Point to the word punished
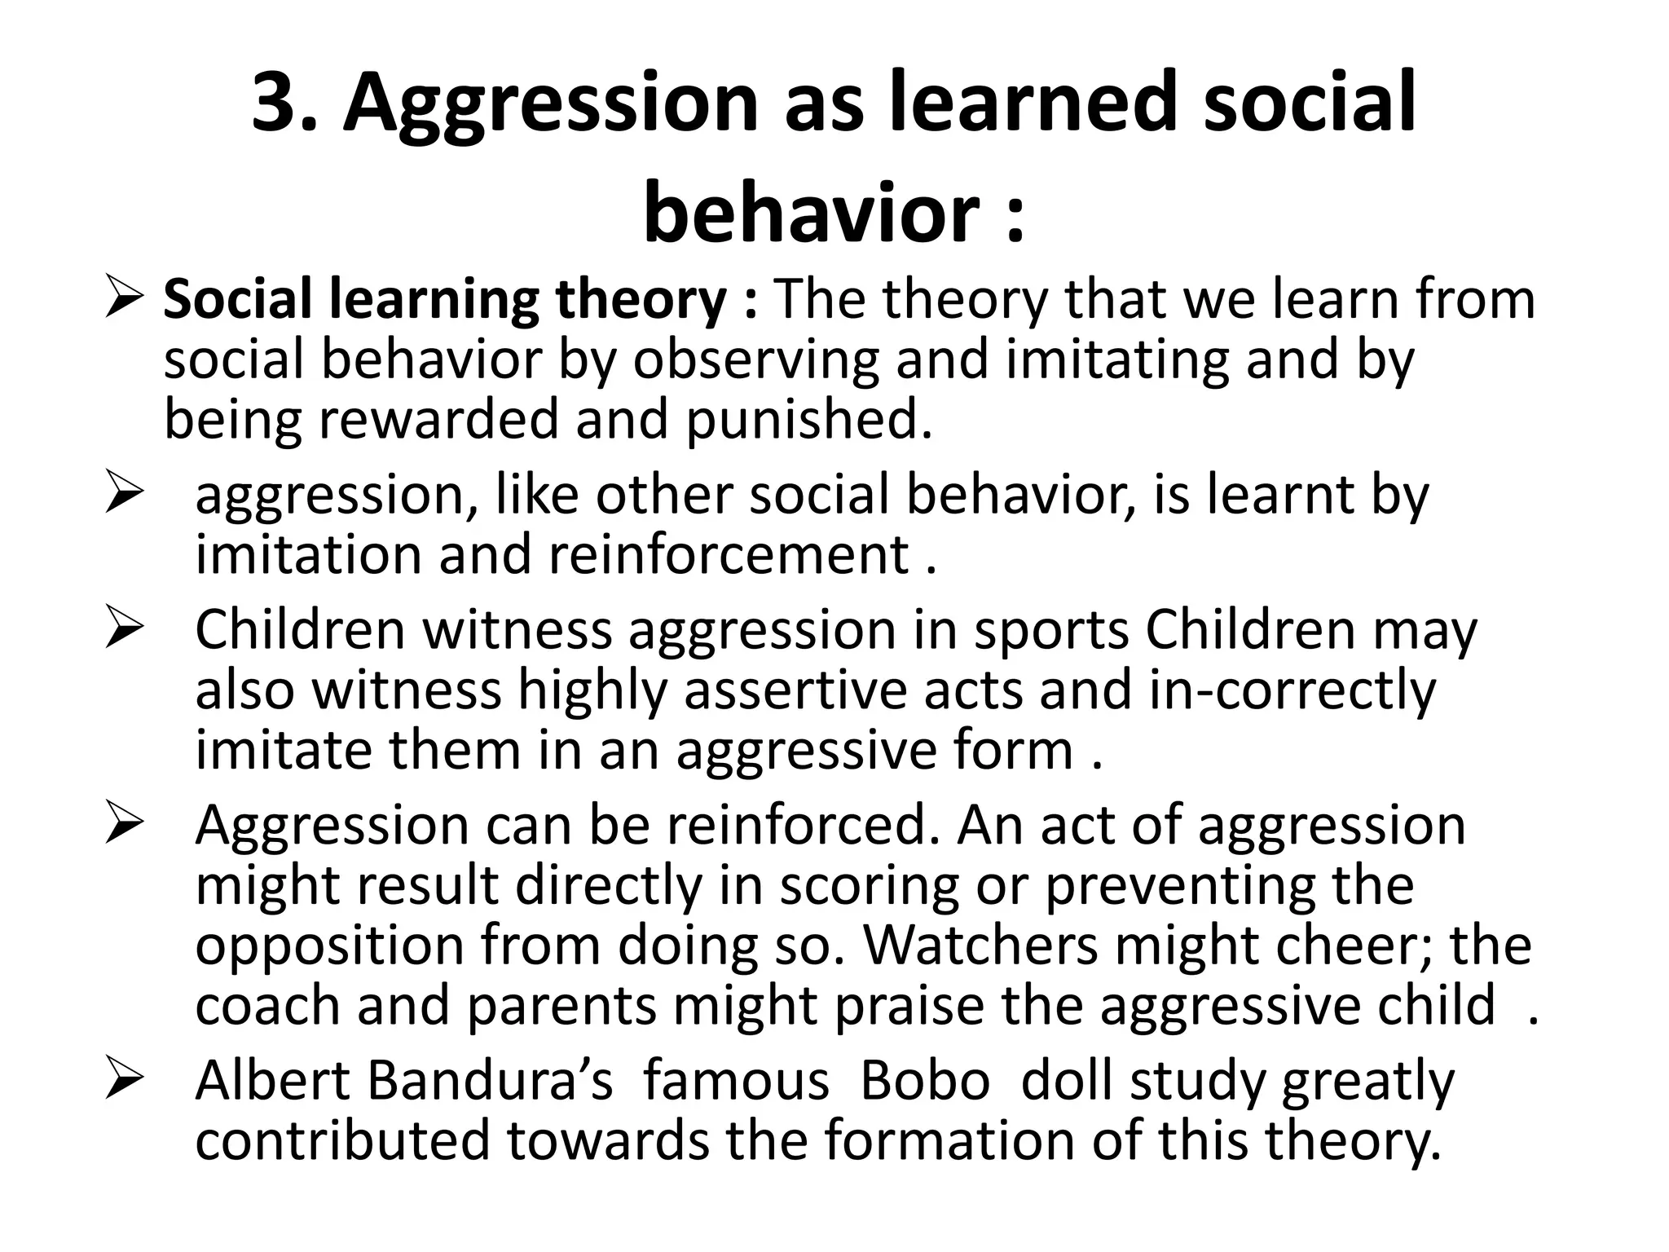808,419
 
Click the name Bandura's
489,1081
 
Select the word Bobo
925,1081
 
